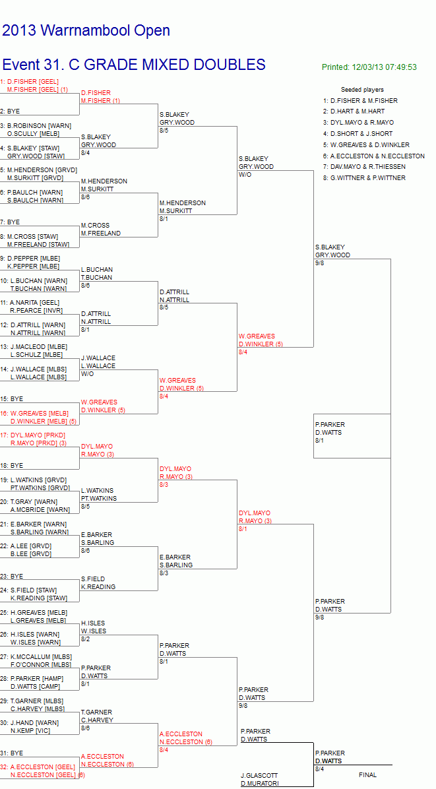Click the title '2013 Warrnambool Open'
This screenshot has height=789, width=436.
pyautogui.click(x=86, y=31)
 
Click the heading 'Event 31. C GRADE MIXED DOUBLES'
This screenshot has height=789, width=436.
pyautogui.click(x=134, y=65)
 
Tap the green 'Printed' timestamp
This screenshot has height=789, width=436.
pyautogui.click(x=369, y=67)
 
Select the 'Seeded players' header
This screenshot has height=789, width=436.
pyautogui.click(x=362, y=90)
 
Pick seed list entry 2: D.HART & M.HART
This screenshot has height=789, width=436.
pyautogui.click(x=357, y=111)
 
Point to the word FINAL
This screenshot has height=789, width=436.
pyautogui.click(x=367, y=775)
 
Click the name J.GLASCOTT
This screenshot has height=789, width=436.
pyautogui.click(x=259, y=775)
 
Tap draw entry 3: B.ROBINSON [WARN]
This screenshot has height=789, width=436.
pyautogui.click(x=36, y=126)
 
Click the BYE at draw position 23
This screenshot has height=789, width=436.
pyautogui.click(x=12, y=576)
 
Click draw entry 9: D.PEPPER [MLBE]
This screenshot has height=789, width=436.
pyautogui.click(x=30, y=258)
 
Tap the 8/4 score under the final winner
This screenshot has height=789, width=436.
pyautogui.click(x=320, y=769)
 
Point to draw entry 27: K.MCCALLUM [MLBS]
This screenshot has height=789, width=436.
pyautogui.click(x=36, y=656)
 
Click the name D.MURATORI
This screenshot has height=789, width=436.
pyautogui.click(x=259, y=784)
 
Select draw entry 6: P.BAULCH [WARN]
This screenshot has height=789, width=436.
pyautogui.click(x=32, y=192)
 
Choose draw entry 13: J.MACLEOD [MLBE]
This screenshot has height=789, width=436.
pyautogui.click(x=33, y=347)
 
